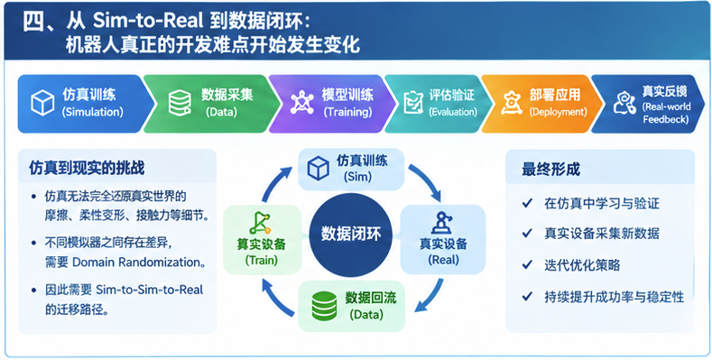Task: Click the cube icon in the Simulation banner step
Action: click(42, 103)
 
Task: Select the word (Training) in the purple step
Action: click(347, 112)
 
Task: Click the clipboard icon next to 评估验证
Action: click(413, 103)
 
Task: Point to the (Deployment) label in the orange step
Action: click(558, 112)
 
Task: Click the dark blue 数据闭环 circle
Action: click(350, 235)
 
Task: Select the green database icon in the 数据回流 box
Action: click(324, 305)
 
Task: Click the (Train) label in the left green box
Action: click(261, 261)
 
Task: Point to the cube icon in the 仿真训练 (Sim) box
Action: click(319, 168)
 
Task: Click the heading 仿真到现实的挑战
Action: click(87, 169)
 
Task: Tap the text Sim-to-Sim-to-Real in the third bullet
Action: click(150, 290)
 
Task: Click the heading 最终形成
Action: click(550, 170)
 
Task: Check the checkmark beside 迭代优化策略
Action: click(527, 264)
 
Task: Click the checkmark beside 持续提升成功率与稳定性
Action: click(527, 297)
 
